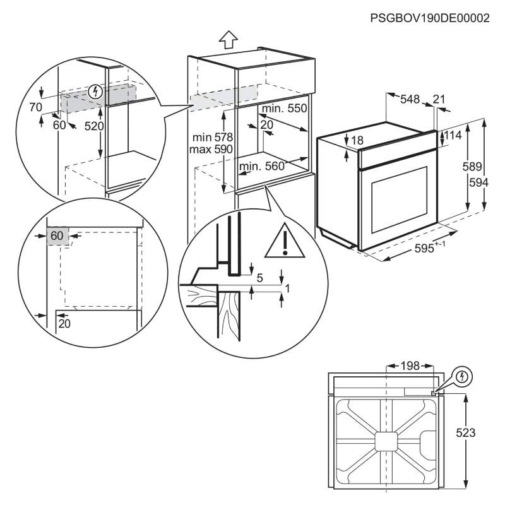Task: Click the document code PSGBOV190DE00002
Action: pos(430,18)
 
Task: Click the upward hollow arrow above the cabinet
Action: pos(229,40)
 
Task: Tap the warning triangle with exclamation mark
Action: pos(285,241)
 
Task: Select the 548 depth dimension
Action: pos(410,99)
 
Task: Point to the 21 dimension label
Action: pos(439,99)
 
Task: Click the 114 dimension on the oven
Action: pos(453,135)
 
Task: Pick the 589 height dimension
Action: pos(472,167)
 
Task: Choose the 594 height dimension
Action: pos(478,182)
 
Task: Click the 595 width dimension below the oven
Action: pos(430,248)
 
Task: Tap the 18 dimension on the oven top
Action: pos(357,140)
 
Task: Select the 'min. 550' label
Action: pos(285,108)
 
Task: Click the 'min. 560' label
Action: pos(262,166)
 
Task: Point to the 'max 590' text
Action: pos(211,150)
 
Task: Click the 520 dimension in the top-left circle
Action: pos(94,126)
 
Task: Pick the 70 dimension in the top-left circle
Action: pos(35,107)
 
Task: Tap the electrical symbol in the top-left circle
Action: pos(96,92)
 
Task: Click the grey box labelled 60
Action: pos(57,236)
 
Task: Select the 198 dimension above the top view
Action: pos(410,366)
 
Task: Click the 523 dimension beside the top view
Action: pos(466,433)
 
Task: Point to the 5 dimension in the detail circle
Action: pos(260,278)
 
